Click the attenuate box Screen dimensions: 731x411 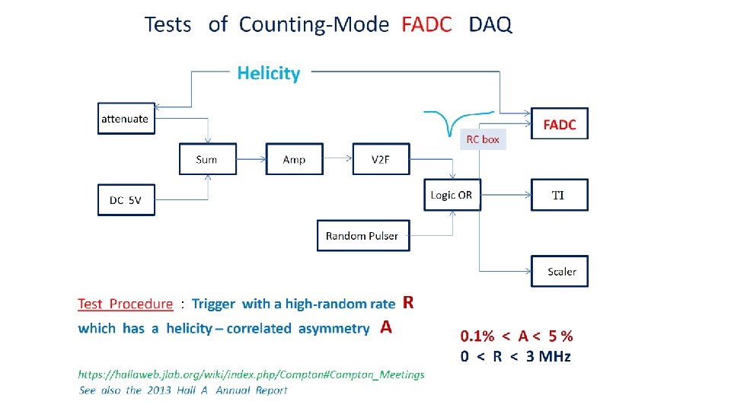(x=126, y=119)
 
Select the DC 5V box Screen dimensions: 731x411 (x=126, y=200)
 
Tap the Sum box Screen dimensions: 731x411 (x=206, y=159)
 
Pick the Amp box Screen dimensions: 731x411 (x=294, y=159)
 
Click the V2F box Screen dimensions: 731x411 (x=381, y=159)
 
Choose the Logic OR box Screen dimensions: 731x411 (x=452, y=195)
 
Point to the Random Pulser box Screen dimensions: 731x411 (x=362, y=235)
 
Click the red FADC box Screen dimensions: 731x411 (x=560, y=124)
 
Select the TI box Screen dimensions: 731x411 (x=559, y=195)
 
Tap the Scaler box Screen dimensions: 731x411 (x=560, y=271)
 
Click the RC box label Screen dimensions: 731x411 (x=484, y=140)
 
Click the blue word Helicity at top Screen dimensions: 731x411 (x=269, y=73)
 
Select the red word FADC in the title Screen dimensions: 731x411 (x=426, y=24)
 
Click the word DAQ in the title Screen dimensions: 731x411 (x=491, y=24)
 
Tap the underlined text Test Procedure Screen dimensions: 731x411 (x=126, y=304)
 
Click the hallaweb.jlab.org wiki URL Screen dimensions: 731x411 (x=251, y=374)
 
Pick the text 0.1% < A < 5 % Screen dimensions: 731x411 (x=516, y=336)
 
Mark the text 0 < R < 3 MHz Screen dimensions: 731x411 (x=516, y=356)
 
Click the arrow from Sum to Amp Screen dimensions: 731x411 (x=251, y=159)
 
